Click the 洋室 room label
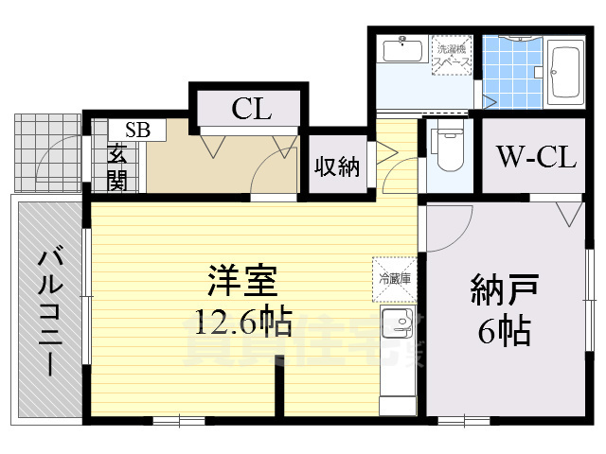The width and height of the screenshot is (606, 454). (x=242, y=281)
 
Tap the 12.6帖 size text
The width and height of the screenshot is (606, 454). (x=242, y=323)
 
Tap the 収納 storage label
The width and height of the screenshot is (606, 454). (x=337, y=167)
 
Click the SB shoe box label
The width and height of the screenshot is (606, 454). (x=137, y=131)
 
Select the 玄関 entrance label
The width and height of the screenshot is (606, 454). (x=117, y=166)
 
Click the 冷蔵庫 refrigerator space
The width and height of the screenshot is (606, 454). (x=395, y=278)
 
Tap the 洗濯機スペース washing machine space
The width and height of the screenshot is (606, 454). (x=452, y=55)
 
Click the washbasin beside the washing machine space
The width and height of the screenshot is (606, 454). (x=403, y=49)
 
